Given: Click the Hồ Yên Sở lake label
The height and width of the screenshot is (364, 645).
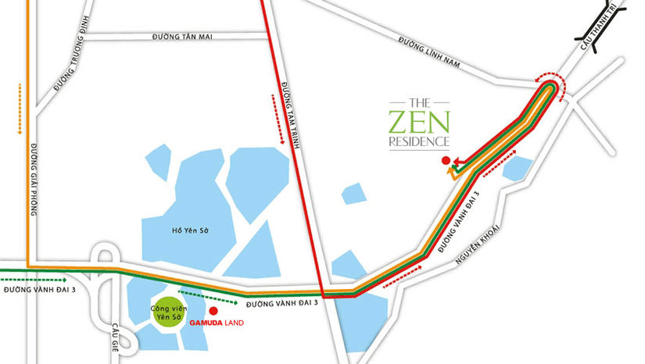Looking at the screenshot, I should tap(192, 230).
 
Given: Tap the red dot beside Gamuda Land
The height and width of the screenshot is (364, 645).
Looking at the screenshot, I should tap(213, 310).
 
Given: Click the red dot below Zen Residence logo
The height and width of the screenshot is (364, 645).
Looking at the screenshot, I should tap(445, 161).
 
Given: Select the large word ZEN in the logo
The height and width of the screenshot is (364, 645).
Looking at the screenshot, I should tap(419, 122).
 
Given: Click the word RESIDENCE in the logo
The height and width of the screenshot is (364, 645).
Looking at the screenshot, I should tap(419, 142).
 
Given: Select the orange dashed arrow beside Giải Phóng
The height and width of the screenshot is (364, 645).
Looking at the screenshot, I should tap(18, 110).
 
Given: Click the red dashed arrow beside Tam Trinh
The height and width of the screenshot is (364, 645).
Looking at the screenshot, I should tap(278, 119).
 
